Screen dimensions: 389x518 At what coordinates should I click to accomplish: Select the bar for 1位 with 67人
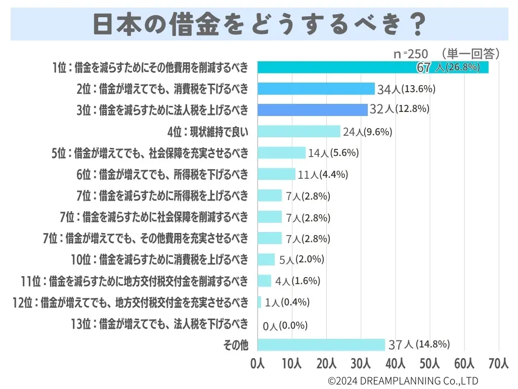[373, 67]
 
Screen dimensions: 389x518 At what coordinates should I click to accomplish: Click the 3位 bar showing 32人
[313, 110]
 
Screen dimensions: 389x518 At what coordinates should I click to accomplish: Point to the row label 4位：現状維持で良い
[208, 132]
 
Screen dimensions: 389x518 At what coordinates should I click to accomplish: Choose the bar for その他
[321, 345]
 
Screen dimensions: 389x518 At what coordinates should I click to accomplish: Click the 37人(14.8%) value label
[419, 345]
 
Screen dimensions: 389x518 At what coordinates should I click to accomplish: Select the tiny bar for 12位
[260, 302]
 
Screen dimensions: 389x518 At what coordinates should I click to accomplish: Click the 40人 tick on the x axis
[396, 363]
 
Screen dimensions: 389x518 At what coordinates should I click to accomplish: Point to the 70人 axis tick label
[499, 363]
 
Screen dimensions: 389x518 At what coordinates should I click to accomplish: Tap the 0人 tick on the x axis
[257, 363]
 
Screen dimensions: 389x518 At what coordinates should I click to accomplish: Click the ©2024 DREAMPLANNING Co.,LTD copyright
[403, 380]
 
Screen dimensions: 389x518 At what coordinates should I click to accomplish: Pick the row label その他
[236, 345]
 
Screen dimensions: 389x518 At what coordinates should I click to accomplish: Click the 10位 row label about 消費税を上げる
[160, 260]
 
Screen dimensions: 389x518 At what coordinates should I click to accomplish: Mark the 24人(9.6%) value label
[368, 132]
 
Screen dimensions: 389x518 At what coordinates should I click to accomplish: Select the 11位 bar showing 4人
[265, 281]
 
